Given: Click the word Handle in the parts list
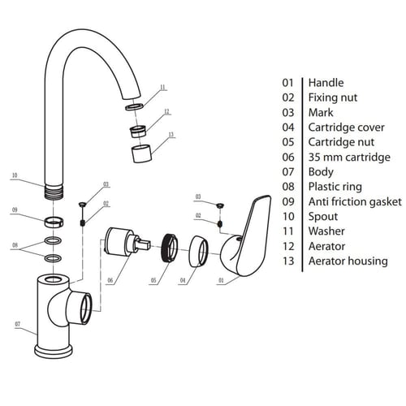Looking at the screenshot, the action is pyautogui.click(x=326, y=83).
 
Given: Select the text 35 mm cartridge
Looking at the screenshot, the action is pyautogui.click(x=349, y=158).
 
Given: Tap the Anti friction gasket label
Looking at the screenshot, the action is pyautogui.click(x=355, y=201).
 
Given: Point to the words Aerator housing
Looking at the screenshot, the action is pyautogui.click(x=348, y=261).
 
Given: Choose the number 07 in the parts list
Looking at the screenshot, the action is pyautogui.click(x=288, y=172).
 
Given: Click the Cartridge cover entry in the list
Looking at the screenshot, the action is pyautogui.click(x=347, y=127).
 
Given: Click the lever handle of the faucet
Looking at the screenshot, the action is pyautogui.click(x=247, y=236).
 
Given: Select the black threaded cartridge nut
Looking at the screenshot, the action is pyautogui.click(x=168, y=248).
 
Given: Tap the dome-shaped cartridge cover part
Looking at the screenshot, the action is pyautogui.click(x=198, y=251).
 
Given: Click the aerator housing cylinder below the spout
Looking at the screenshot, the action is pyautogui.click(x=141, y=153).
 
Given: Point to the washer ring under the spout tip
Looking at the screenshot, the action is pyautogui.click(x=134, y=106).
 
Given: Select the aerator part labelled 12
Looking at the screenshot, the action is pyautogui.click(x=138, y=132).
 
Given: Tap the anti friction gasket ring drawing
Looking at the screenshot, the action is pyautogui.click(x=54, y=222).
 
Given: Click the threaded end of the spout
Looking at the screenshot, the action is pyautogui.click(x=54, y=192).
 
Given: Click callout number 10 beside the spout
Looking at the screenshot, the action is pyautogui.click(x=15, y=175).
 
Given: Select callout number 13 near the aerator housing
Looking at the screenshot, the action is pyautogui.click(x=171, y=135).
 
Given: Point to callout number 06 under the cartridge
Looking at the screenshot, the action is pyautogui.click(x=110, y=280).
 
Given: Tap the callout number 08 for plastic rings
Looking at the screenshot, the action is pyautogui.click(x=15, y=245).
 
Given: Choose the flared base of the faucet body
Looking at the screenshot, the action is pyautogui.click(x=54, y=351).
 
